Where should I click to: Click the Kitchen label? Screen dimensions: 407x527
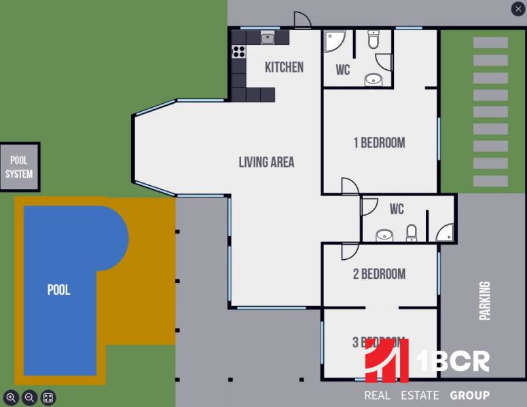tap(284, 67)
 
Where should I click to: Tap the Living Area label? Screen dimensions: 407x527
tap(266, 162)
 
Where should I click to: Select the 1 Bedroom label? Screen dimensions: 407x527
tap(379, 142)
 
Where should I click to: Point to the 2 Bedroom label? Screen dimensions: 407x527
tap(379, 274)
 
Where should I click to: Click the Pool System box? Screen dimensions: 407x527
tap(19, 167)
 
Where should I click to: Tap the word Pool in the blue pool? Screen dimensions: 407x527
tap(58, 290)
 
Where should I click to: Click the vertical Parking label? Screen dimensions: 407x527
tap(485, 301)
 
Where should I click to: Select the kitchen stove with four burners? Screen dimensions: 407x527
tap(238, 51)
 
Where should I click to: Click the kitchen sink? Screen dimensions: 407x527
tap(268, 38)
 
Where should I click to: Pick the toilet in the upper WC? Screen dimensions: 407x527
tap(374, 40)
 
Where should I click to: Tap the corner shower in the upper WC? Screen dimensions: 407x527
tap(333, 40)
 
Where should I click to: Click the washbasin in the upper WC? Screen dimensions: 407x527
tap(374, 79)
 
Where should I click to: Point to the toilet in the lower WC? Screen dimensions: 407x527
tap(411, 233)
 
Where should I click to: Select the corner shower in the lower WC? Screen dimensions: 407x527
tap(445, 233)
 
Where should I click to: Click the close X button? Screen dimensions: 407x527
tap(517, 9)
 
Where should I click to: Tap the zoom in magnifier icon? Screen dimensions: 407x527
tap(11, 398)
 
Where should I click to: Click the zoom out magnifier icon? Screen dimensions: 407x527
tap(29, 398)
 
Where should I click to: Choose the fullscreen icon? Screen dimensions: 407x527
tap(48, 398)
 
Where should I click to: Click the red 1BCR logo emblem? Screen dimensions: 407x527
tap(386, 361)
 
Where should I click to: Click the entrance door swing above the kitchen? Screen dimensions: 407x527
tap(302, 20)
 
